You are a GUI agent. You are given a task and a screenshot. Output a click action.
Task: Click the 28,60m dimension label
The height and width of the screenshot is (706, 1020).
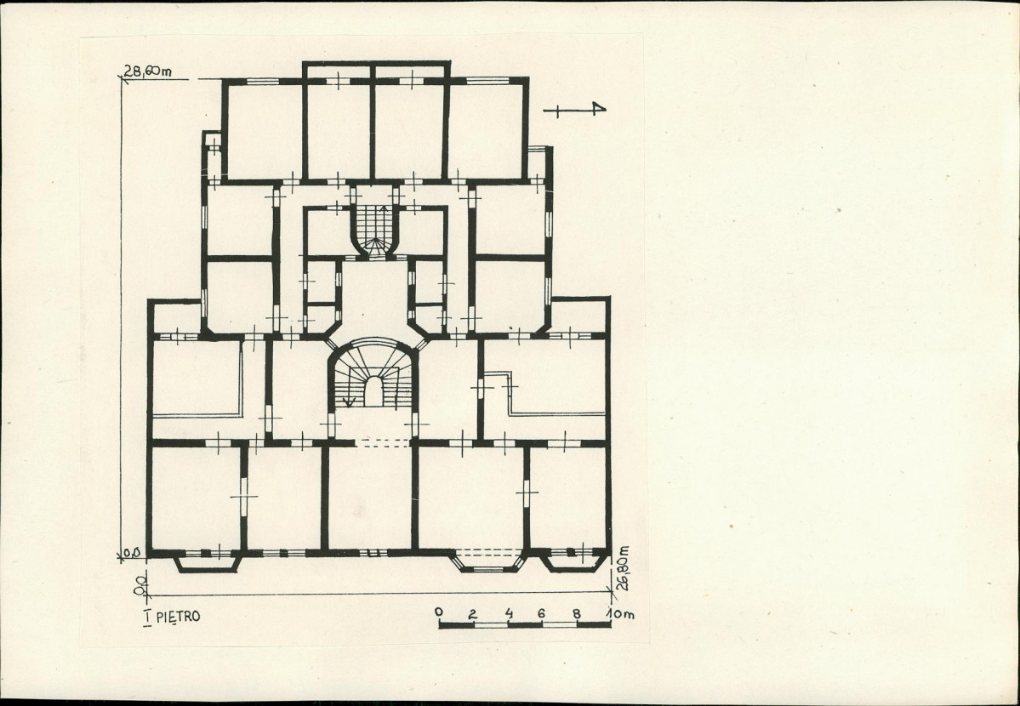click(x=148, y=71)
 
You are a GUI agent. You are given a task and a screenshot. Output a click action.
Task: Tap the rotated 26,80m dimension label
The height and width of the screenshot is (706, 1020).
click(x=624, y=567)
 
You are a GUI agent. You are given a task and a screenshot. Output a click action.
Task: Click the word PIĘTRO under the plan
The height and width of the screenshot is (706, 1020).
click(x=179, y=616)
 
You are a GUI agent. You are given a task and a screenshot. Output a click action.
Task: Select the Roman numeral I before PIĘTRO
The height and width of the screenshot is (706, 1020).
click(x=148, y=617)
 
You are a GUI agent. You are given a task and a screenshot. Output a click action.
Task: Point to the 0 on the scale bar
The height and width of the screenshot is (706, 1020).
click(x=439, y=612)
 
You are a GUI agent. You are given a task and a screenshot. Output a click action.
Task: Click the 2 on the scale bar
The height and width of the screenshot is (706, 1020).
click(x=473, y=613)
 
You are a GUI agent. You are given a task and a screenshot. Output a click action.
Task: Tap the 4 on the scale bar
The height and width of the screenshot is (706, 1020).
click(x=508, y=613)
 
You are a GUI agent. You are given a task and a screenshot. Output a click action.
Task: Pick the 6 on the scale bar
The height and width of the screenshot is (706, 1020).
click(x=542, y=613)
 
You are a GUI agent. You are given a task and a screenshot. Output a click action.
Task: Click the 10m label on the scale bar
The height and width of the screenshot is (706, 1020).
click(x=619, y=613)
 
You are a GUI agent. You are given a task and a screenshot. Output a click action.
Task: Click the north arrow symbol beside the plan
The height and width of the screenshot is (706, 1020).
click(x=575, y=110)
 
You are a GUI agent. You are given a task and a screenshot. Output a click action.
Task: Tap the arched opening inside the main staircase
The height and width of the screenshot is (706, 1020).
click(x=373, y=391)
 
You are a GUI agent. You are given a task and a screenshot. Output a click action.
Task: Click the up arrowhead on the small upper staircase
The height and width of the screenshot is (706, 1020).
click(x=384, y=209)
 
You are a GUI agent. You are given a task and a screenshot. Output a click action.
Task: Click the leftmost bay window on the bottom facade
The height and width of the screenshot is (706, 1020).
click(x=208, y=561)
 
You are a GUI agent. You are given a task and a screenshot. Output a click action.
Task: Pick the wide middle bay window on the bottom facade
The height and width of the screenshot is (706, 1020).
click(x=488, y=561)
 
